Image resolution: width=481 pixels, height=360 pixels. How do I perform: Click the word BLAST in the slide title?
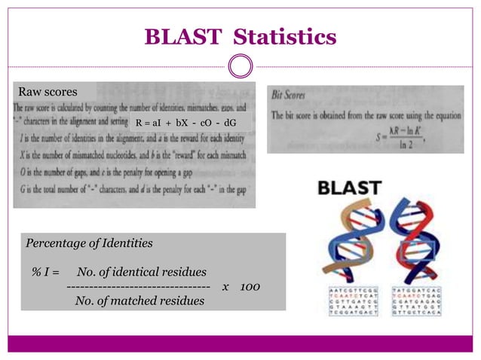[x=182, y=36]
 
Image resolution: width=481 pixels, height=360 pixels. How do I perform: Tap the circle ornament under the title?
[x=240, y=66]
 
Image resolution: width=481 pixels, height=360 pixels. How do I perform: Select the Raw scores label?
[x=47, y=92]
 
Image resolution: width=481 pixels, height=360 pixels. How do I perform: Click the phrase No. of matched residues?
[x=139, y=301]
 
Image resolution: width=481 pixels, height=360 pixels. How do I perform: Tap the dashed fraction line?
[x=138, y=287]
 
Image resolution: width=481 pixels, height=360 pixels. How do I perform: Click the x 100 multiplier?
[x=241, y=287]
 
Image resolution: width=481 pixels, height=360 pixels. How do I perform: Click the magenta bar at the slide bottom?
[x=240, y=343]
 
